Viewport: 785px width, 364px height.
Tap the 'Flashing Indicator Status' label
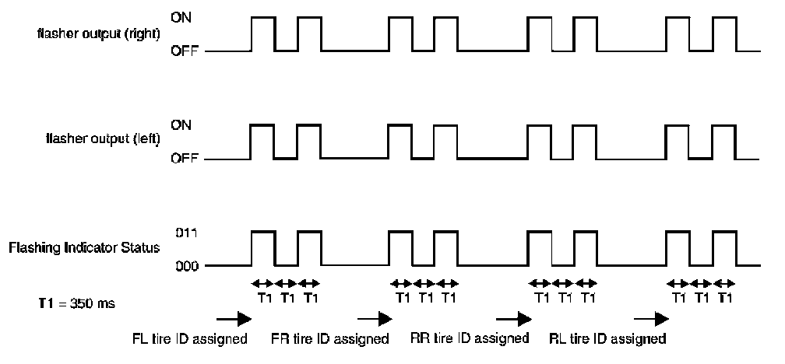(x=84, y=248)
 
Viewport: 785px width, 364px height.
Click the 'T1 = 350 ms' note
(x=62, y=303)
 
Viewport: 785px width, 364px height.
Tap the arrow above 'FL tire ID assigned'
(x=234, y=317)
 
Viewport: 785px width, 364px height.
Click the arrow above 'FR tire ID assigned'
(x=374, y=317)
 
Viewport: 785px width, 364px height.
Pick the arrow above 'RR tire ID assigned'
(x=512, y=317)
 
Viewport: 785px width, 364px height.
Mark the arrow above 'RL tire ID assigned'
(x=651, y=317)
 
